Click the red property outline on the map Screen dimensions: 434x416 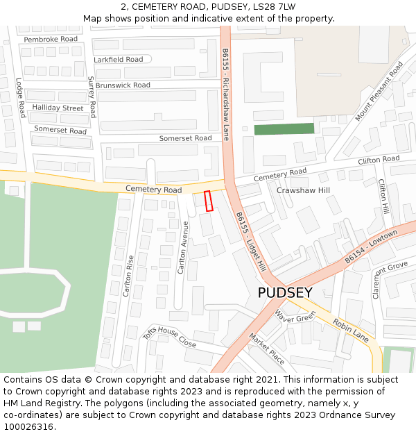click(x=208, y=201)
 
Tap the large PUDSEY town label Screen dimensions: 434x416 click(x=285, y=292)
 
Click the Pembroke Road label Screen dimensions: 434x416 click(x=51, y=40)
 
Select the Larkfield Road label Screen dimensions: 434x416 click(x=119, y=60)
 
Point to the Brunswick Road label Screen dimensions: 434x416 click(x=123, y=85)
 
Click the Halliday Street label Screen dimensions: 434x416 click(x=58, y=108)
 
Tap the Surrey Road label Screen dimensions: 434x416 click(x=92, y=97)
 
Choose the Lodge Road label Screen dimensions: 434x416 click(x=21, y=97)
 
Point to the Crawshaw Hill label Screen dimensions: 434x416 click(x=303, y=190)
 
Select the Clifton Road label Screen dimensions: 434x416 click(x=379, y=160)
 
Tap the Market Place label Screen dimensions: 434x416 click(x=267, y=349)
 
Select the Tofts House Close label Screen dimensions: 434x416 click(x=169, y=337)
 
